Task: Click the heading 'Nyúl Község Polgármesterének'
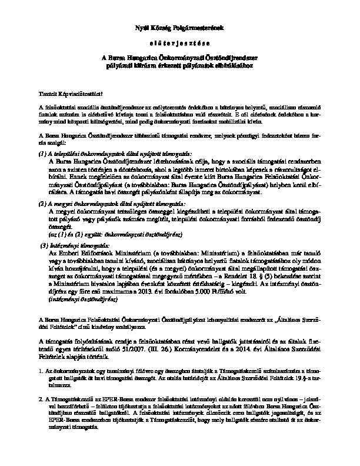click(180, 28)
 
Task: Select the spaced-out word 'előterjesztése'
click(180, 43)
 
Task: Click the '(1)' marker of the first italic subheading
click(42, 153)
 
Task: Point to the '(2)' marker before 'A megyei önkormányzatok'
click(42, 202)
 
